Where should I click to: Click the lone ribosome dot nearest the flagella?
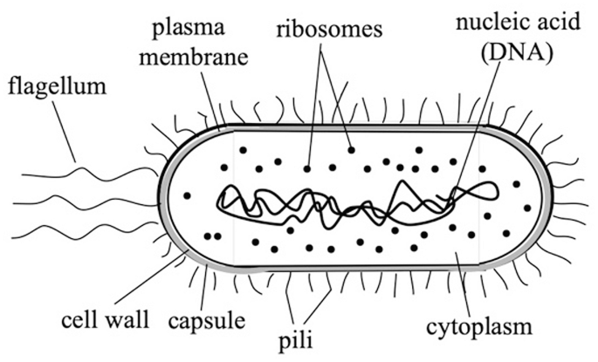pyautogui.click(x=187, y=195)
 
